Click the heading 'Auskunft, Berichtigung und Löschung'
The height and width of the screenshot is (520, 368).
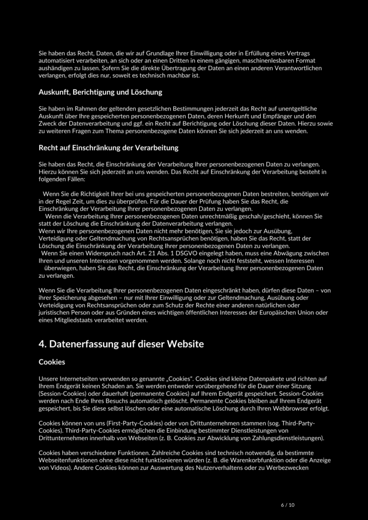(x=100, y=92)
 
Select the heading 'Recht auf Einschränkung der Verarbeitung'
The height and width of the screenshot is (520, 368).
(x=108, y=148)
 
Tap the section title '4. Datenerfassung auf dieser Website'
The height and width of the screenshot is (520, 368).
(x=121, y=344)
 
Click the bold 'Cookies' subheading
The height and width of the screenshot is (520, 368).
(x=52, y=363)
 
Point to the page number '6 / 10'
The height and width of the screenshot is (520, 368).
(x=287, y=505)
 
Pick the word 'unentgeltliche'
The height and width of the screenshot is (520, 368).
(x=295, y=109)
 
